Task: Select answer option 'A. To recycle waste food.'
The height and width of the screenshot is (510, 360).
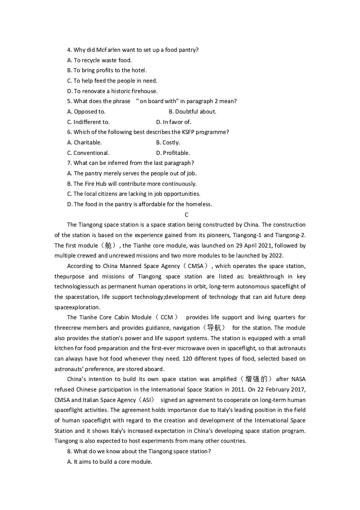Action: point(99,60)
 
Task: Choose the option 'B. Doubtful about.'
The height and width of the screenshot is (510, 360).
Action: point(192,112)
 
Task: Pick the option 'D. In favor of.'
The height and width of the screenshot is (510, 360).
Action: point(173,122)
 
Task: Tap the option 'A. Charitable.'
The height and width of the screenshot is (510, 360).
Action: point(84,143)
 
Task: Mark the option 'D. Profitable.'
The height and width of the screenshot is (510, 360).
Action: point(173,153)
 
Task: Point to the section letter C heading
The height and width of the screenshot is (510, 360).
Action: point(187,215)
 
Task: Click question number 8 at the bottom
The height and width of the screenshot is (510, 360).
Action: point(69,451)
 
